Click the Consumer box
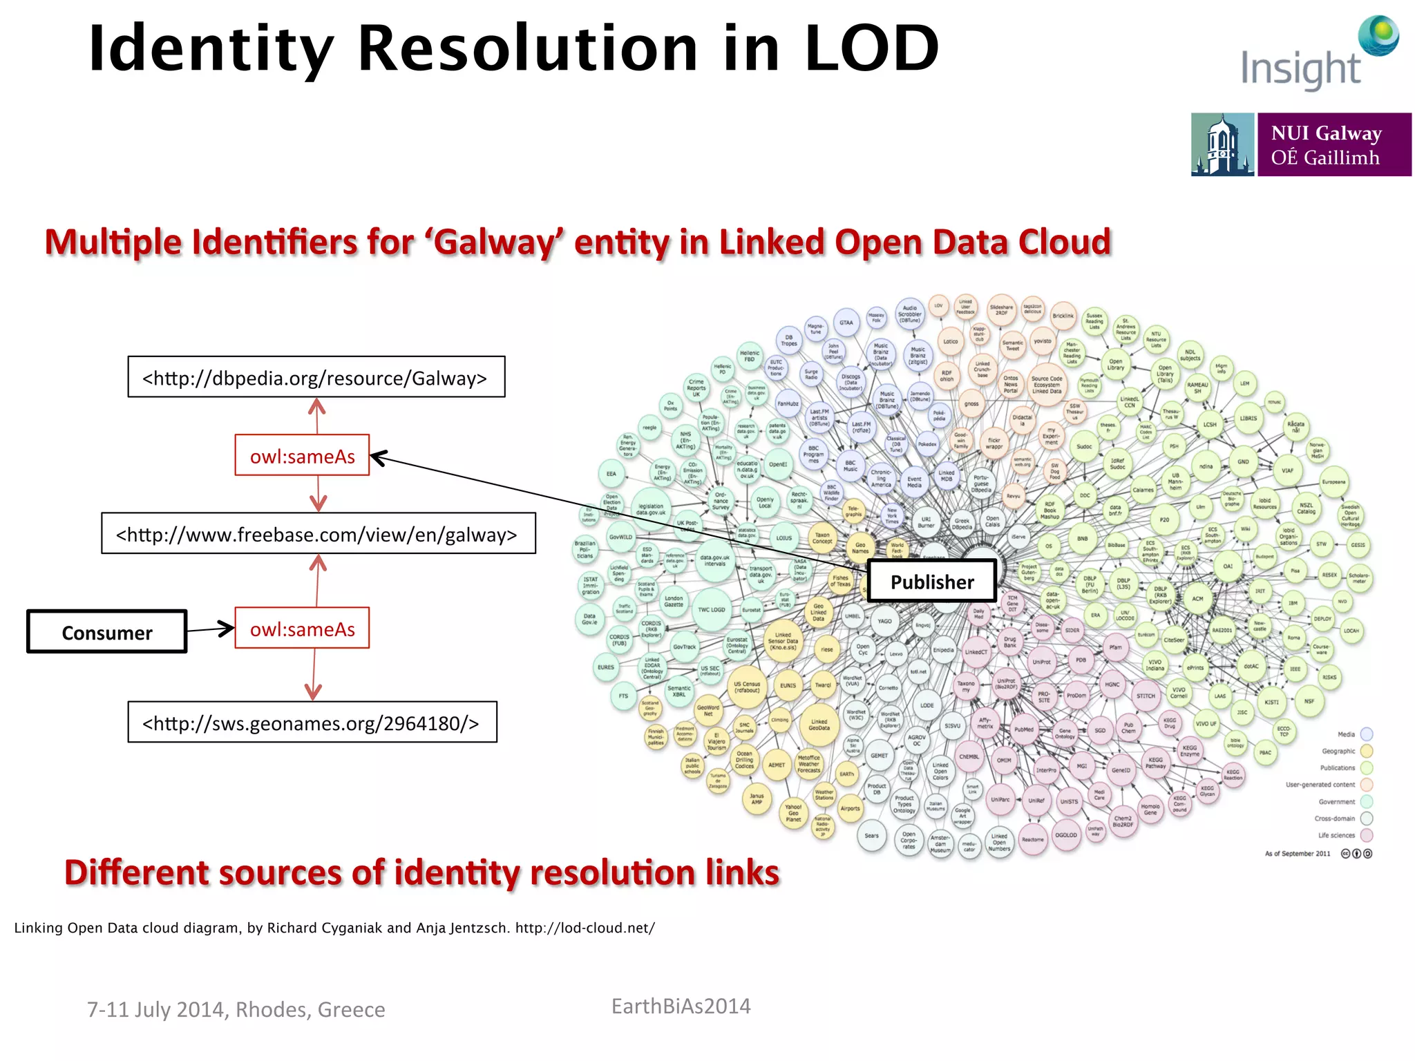(x=107, y=632)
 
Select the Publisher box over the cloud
(x=931, y=582)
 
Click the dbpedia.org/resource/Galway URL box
(x=316, y=377)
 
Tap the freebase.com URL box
(x=318, y=534)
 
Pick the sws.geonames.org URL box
(x=312, y=723)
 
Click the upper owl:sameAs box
(x=302, y=456)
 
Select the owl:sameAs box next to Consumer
(x=302, y=629)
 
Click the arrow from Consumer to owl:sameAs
(x=210, y=629)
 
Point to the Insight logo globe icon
(x=1378, y=35)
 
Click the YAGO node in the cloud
(x=884, y=621)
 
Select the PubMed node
(x=1023, y=729)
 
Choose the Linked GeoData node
(x=819, y=724)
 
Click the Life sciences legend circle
(x=1367, y=835)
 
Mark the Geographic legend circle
(x=1367, y=751)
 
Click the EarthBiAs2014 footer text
(x=681, y=1006)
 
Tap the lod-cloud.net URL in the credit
(x=585, y=928)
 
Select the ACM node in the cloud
(x=1197, y=598)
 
